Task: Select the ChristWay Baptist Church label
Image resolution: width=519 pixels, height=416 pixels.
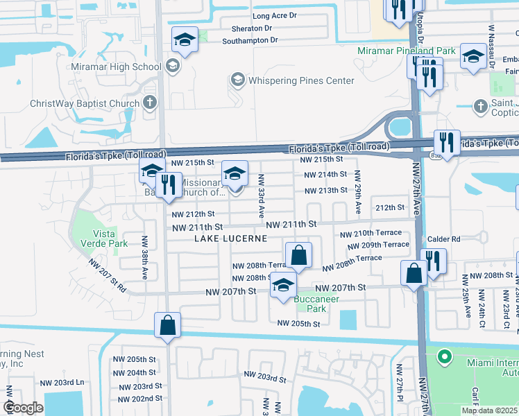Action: (85, 104)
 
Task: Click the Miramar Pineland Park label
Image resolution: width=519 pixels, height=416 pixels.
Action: (407, 51)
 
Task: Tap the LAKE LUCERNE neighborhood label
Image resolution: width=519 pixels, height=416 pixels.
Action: (230, 238)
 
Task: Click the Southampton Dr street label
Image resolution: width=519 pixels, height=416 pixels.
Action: (250, 40)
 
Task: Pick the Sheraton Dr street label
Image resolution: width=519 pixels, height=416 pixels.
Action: (248, 28)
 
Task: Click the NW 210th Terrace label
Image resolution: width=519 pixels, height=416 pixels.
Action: (375, 234)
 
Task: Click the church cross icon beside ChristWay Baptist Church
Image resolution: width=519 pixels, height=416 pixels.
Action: (149, 103)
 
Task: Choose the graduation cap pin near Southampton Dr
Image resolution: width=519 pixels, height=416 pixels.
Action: (185, 41)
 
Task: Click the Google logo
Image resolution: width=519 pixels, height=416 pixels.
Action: (24, 408)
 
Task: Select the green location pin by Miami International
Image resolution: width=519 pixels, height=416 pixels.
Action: (443, 358)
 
